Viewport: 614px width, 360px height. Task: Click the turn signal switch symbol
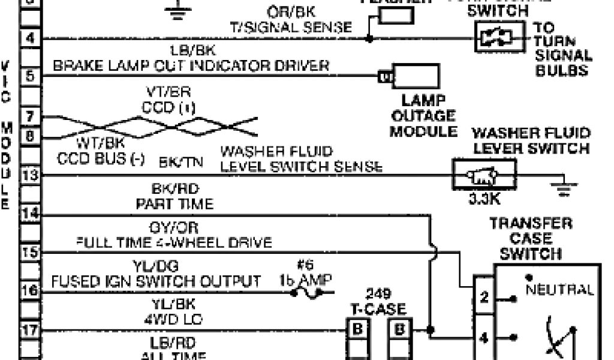pos(495,38)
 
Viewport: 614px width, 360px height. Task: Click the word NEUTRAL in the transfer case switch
pos(559,290)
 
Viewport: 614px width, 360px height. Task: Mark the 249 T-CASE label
pos(378,302)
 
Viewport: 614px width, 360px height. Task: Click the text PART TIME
pos(174,204)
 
